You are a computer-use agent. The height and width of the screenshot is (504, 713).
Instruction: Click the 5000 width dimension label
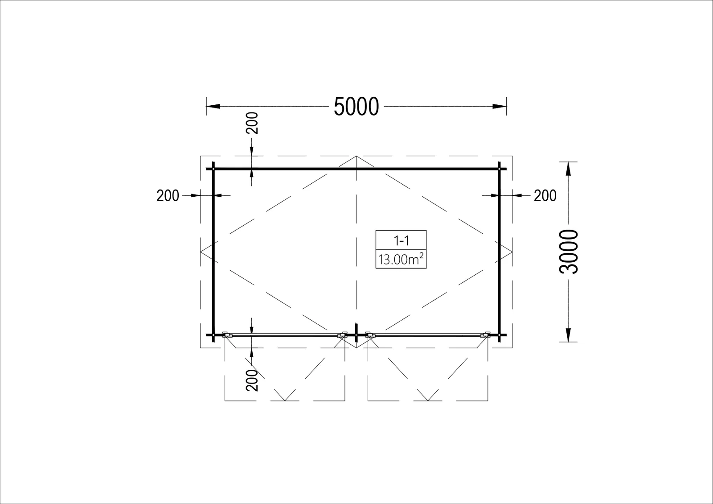click(x=356, y=107)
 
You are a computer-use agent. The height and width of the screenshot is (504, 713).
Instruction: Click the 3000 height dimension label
click(x=569, y=252)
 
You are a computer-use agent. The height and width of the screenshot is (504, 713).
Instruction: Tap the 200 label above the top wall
click(x=252, y=123)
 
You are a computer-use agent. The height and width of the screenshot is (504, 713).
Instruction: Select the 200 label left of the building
click(x=168, y=196)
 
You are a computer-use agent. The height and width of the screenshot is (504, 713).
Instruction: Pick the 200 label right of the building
click(x=545, y=196)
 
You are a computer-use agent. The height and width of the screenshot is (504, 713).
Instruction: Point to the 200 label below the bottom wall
click(x=252, y=380)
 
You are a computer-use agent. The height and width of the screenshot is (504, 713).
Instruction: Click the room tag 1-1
click(x=401, y=241)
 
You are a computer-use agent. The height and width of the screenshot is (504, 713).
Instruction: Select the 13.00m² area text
click(x=401, y=259)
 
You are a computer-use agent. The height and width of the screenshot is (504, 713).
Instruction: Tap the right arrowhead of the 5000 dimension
click(x=500, y=107)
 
